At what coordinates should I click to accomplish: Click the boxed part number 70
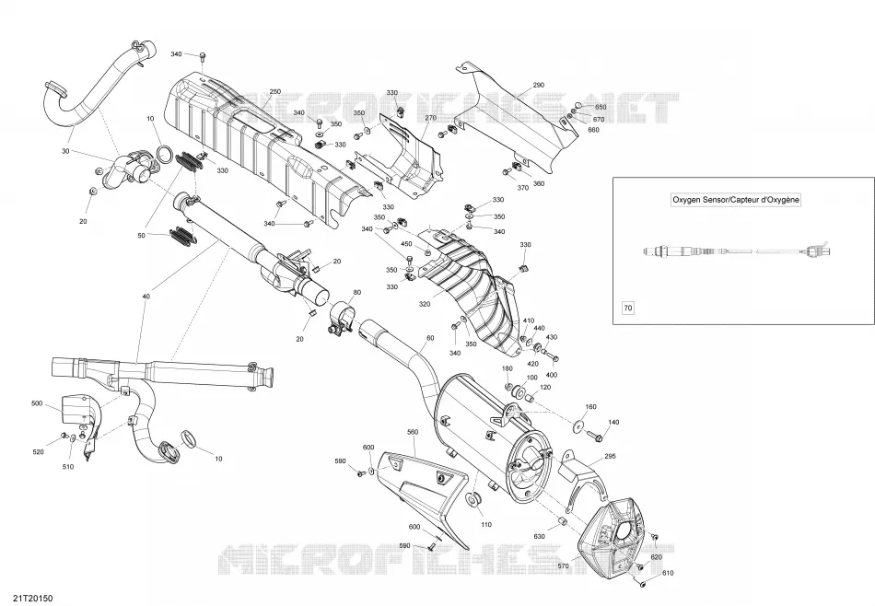click(628, 308)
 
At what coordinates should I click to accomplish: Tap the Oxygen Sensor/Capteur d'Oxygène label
click(736, 200)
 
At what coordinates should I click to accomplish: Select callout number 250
click(274, 91)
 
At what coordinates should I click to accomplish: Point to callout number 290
click(538, 85)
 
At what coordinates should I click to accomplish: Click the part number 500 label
click(37, 403)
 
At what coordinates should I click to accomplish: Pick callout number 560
click(413, 432)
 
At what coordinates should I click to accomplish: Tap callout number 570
click(563, 565)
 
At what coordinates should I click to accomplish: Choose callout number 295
click(610, 456)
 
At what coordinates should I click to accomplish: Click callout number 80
click(357, 292)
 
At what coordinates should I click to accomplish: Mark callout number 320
click(425, 304)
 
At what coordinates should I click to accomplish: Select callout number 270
click(430, 118)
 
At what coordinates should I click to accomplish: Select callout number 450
click(406, 244)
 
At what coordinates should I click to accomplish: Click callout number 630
click(539, 536)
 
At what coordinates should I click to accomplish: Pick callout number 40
click(146, 297)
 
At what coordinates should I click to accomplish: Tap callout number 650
click(601, 107)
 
